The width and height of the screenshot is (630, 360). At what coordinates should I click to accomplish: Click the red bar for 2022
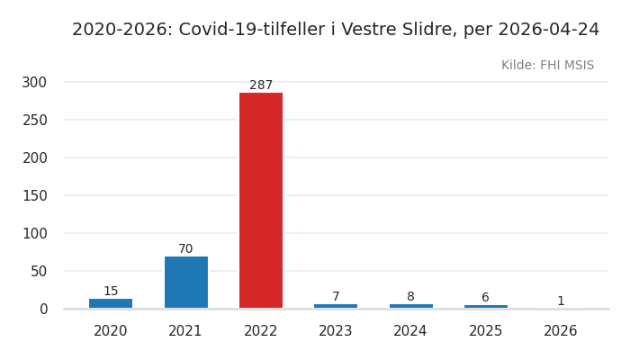(x=261, y=201)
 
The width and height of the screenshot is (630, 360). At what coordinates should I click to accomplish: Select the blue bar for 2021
(x=185, y=283)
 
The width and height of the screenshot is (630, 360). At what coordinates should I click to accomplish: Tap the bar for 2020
(x=111, y=303)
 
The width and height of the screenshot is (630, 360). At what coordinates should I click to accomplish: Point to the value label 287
(x=261, y=85)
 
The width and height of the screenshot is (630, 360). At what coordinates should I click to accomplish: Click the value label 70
(x=185, y=249)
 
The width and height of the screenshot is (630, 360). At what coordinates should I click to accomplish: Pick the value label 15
(x=111, y=292)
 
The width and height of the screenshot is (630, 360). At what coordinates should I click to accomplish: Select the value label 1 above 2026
(x=561, y=301)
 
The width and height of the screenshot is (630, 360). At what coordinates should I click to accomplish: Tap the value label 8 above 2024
(x=410, y=297)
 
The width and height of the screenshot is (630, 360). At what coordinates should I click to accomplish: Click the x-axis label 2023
(x=336, y=331)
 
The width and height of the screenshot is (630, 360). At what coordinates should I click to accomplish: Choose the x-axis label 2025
(x=485, y=331)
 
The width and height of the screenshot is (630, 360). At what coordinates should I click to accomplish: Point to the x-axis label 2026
(x=561, y=331)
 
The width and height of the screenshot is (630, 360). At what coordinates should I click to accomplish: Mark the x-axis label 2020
(x=111, y=331)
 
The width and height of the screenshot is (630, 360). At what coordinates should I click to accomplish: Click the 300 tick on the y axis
(x=34, y=82)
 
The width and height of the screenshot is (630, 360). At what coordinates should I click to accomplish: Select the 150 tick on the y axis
(x=34, y=195)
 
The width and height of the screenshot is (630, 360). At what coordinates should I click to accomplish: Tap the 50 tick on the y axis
(x=38, y=271)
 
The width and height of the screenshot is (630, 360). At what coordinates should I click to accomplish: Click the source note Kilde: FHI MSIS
(x=547, y=66)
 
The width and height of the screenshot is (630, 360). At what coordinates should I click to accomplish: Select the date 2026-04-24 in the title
(x=548, y=30)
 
